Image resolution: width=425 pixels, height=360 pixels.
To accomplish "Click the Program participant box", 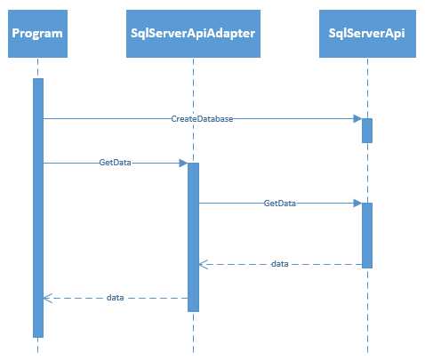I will click(37, 33).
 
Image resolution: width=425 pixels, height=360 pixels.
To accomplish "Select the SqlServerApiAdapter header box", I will click(192, 33).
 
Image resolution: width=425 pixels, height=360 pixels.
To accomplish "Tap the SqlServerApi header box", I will click(366, 33).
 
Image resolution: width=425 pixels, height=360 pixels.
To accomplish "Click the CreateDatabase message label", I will click(202, 118).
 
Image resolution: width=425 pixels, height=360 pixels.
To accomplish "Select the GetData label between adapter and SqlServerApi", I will click(280, 204).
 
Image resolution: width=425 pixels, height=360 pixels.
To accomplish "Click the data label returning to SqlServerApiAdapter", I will click(279, 264).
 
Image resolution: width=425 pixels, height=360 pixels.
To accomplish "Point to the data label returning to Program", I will click(115, 298).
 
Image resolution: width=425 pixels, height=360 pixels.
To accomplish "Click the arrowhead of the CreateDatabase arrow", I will click(357, 118).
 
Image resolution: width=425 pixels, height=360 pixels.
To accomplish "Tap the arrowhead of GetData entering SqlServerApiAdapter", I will click(182, 164).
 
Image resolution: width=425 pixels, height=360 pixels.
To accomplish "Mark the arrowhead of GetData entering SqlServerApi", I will click(357, 204).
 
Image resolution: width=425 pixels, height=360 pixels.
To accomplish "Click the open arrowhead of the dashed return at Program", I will click(48, 298).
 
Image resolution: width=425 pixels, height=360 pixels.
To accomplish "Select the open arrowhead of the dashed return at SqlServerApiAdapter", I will click(203, 264).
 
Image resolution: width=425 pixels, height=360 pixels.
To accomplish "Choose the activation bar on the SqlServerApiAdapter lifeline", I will click(192, 240).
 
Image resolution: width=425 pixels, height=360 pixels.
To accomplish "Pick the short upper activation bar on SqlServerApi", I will click(366, 130).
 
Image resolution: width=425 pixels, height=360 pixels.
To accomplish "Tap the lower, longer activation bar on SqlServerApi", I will click(366, 236).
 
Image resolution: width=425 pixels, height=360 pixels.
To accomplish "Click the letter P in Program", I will click(15, 34).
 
